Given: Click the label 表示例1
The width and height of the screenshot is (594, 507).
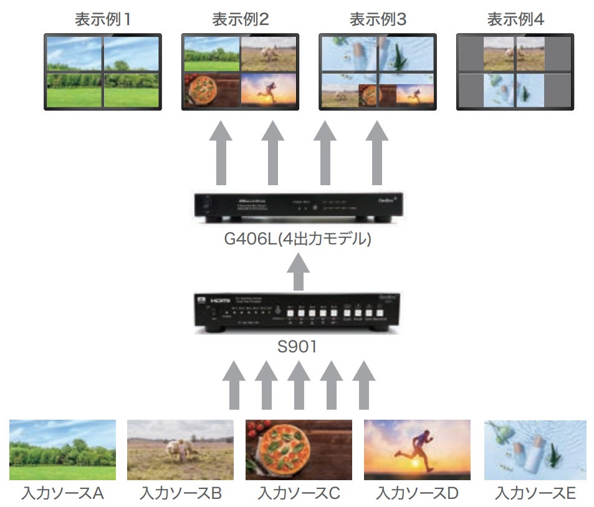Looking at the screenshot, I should (103, 19).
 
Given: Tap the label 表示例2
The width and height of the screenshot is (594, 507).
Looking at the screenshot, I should (241, 19).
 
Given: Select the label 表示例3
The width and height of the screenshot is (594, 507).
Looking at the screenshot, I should (378, 19).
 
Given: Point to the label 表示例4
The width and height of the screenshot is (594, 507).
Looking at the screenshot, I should (515, 19).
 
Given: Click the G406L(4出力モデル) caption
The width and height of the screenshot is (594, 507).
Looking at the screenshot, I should (297, 239).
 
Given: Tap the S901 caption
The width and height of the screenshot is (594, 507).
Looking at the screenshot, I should (297, 347).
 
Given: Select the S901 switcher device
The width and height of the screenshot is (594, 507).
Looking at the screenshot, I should (297, 314).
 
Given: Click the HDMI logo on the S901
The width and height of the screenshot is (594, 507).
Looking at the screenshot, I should (219, 300).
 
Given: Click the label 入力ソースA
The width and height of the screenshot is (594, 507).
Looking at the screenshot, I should (62, 494).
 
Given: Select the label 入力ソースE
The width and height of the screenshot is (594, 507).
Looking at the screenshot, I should (535, 494).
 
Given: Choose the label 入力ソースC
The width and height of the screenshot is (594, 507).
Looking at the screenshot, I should (299, 494).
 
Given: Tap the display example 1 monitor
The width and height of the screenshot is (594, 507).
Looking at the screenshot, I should (103, 71).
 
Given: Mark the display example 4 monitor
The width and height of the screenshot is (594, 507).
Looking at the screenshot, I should (515, 71).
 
